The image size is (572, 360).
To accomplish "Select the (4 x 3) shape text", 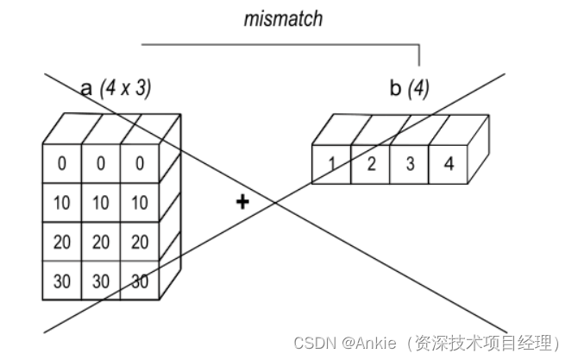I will tap(127, 87).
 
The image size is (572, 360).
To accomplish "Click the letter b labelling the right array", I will tap(395, 88).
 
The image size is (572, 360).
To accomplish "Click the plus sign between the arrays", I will tap(242, 201).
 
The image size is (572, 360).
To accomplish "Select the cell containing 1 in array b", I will tap(330, 164).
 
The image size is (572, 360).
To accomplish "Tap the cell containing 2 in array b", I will tap(370, 164).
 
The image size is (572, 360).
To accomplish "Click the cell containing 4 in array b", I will tap(448, 164).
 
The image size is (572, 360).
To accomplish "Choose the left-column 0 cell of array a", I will tap(62, 164).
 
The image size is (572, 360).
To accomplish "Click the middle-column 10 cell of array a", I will tap(101, 203).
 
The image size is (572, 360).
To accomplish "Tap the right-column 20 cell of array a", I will tap(140, 242).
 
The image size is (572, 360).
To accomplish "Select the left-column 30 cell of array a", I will tap(62, 281).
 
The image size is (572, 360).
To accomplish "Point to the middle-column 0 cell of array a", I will tap(101, 164).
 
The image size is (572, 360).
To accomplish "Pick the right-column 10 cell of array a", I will tap(140, 203).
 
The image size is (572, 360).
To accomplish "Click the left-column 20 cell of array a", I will tap(62, 242).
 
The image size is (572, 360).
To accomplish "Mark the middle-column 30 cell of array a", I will tap(101, 281).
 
